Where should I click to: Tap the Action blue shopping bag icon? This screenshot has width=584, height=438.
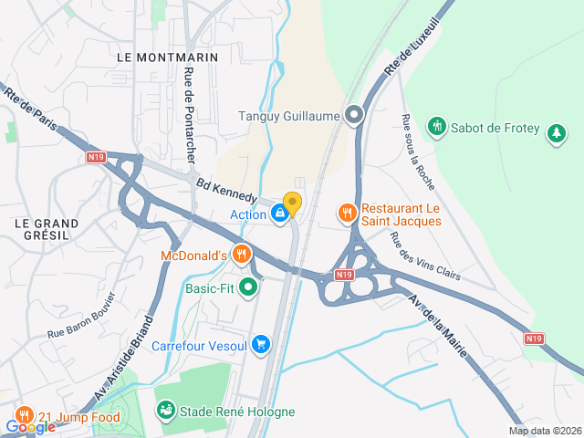(x=279, y=214)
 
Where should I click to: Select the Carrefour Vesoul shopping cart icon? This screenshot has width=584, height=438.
(x=262, y=344)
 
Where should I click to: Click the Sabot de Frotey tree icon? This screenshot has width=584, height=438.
(x=556, y=136)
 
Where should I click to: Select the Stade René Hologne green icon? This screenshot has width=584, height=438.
(x=164, y=412)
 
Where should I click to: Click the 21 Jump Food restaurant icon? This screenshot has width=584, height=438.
(x=24, y=412)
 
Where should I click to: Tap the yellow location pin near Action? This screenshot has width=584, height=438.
(x=292, y=204)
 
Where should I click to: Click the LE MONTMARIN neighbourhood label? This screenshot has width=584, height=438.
(x=168, y=57)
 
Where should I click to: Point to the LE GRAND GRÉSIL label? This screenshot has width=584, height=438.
(x=47, y=230)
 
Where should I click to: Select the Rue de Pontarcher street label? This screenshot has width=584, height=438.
(x=190, y=115)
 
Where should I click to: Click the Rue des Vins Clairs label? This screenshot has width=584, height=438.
(x=424, y=256)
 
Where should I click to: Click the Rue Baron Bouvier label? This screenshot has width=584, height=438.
(x=81, y=319)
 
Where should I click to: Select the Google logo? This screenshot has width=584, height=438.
(x=31, y=426)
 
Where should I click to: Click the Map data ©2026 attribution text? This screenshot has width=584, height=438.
(x=544, y=432)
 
